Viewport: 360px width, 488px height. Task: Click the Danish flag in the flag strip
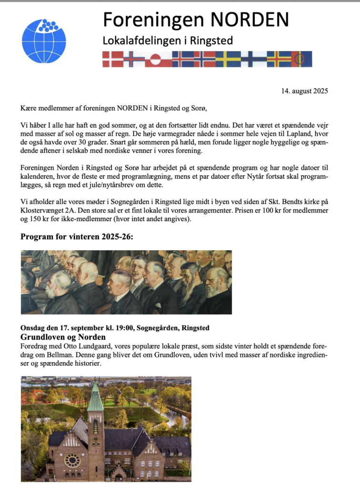point(113,59)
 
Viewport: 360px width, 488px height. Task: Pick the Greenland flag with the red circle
point(155,59)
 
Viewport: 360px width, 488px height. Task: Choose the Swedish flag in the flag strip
point(228,59)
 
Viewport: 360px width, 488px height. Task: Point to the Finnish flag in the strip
point(253,59)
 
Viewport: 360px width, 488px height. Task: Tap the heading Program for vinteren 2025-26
point(77,237)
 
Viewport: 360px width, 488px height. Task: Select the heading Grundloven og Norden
point(63,337)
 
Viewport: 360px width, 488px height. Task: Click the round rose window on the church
point(72,460)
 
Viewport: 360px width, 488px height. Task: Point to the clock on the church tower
point(95,416)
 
